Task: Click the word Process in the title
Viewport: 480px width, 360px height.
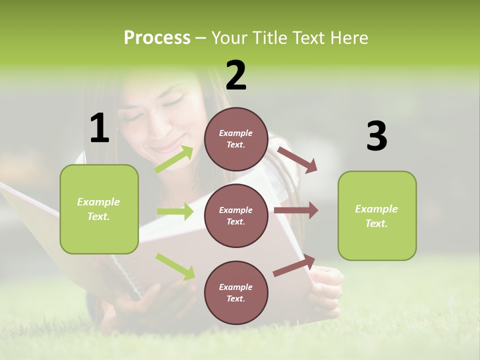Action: [157, 38]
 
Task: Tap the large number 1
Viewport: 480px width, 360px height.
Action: [99, 128]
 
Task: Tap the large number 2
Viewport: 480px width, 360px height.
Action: [236, 75]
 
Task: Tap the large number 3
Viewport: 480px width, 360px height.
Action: [376, 136]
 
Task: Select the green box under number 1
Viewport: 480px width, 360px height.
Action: [99, 209]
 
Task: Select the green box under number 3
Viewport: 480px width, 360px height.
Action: [377, 215]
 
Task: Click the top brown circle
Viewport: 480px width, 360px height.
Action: [236, 139]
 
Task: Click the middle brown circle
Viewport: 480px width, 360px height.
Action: [236, 215]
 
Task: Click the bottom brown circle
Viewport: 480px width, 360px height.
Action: [236, 292]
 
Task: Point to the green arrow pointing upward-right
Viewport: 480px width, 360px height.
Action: [174, 159]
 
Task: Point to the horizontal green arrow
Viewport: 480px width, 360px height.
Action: [175, 211]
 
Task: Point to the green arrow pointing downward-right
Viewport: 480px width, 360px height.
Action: [175, 266]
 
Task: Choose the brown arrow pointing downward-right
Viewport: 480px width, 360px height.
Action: [297, 160]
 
